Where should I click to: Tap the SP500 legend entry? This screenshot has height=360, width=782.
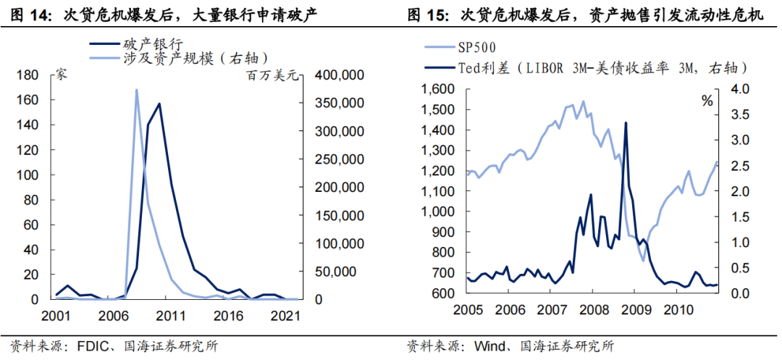[479, 49]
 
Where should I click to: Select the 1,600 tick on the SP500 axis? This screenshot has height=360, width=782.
[436, 89]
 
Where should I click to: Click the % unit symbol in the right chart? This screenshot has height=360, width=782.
[707, 101]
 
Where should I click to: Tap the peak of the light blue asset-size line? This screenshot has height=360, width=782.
[136, 90]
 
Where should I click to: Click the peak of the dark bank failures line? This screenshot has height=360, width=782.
[159, 104]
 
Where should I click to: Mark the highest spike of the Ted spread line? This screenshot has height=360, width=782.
[626, 122]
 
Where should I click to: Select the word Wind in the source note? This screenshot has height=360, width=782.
[487, 346]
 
